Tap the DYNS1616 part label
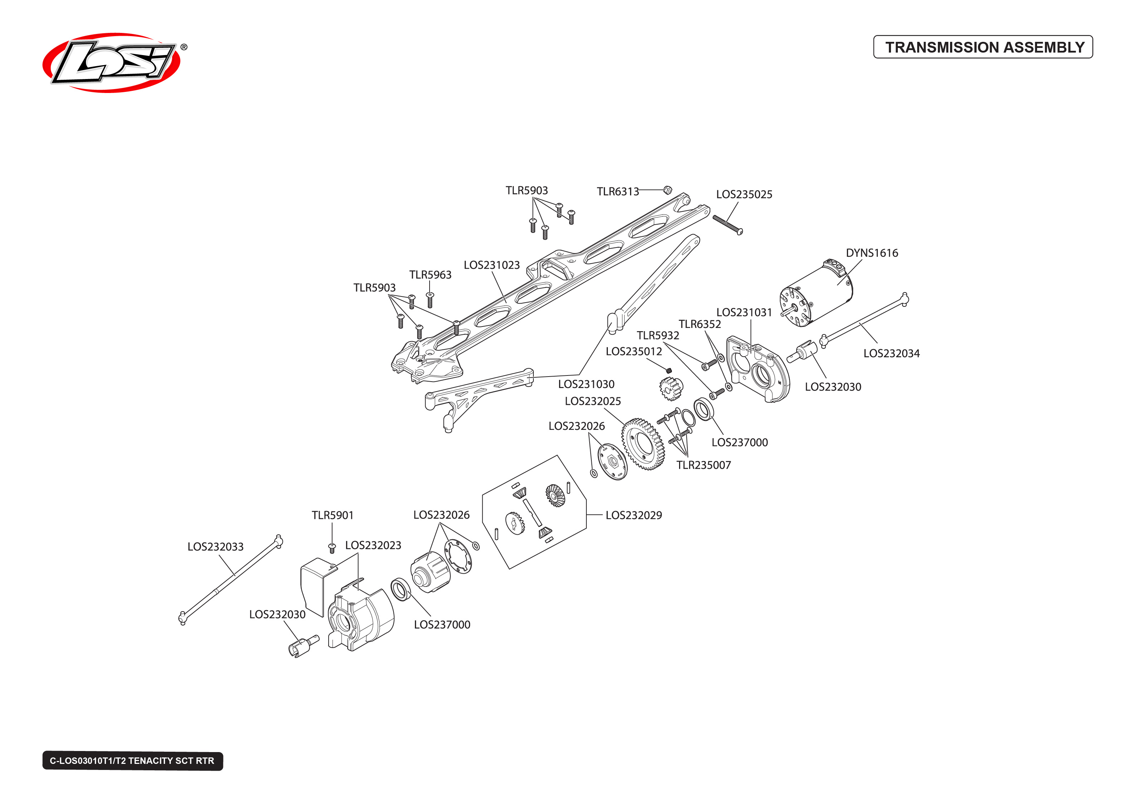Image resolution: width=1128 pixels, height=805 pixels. [x=872, y=253]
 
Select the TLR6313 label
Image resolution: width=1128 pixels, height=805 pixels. [x=617, y=191]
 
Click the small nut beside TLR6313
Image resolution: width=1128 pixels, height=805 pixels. [x=667, y=190]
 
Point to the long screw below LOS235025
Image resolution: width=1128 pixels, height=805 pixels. [x=727, y=225]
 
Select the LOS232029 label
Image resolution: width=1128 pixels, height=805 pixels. [x=633, y=515]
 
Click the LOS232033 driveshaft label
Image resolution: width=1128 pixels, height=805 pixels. [x=215, y=547]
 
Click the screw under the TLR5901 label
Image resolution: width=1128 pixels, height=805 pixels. [x=332, y=548]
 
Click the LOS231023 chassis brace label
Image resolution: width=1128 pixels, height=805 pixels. [x=491, y=265]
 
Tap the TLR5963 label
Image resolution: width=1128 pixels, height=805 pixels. [x=430, y=275]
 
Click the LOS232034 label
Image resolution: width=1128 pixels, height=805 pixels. [x=891, y=353]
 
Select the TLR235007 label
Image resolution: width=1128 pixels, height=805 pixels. [x=703, y=465]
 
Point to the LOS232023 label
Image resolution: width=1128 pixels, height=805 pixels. [x=373, y=545]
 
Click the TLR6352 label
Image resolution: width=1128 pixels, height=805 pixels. [x=699, y=324]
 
